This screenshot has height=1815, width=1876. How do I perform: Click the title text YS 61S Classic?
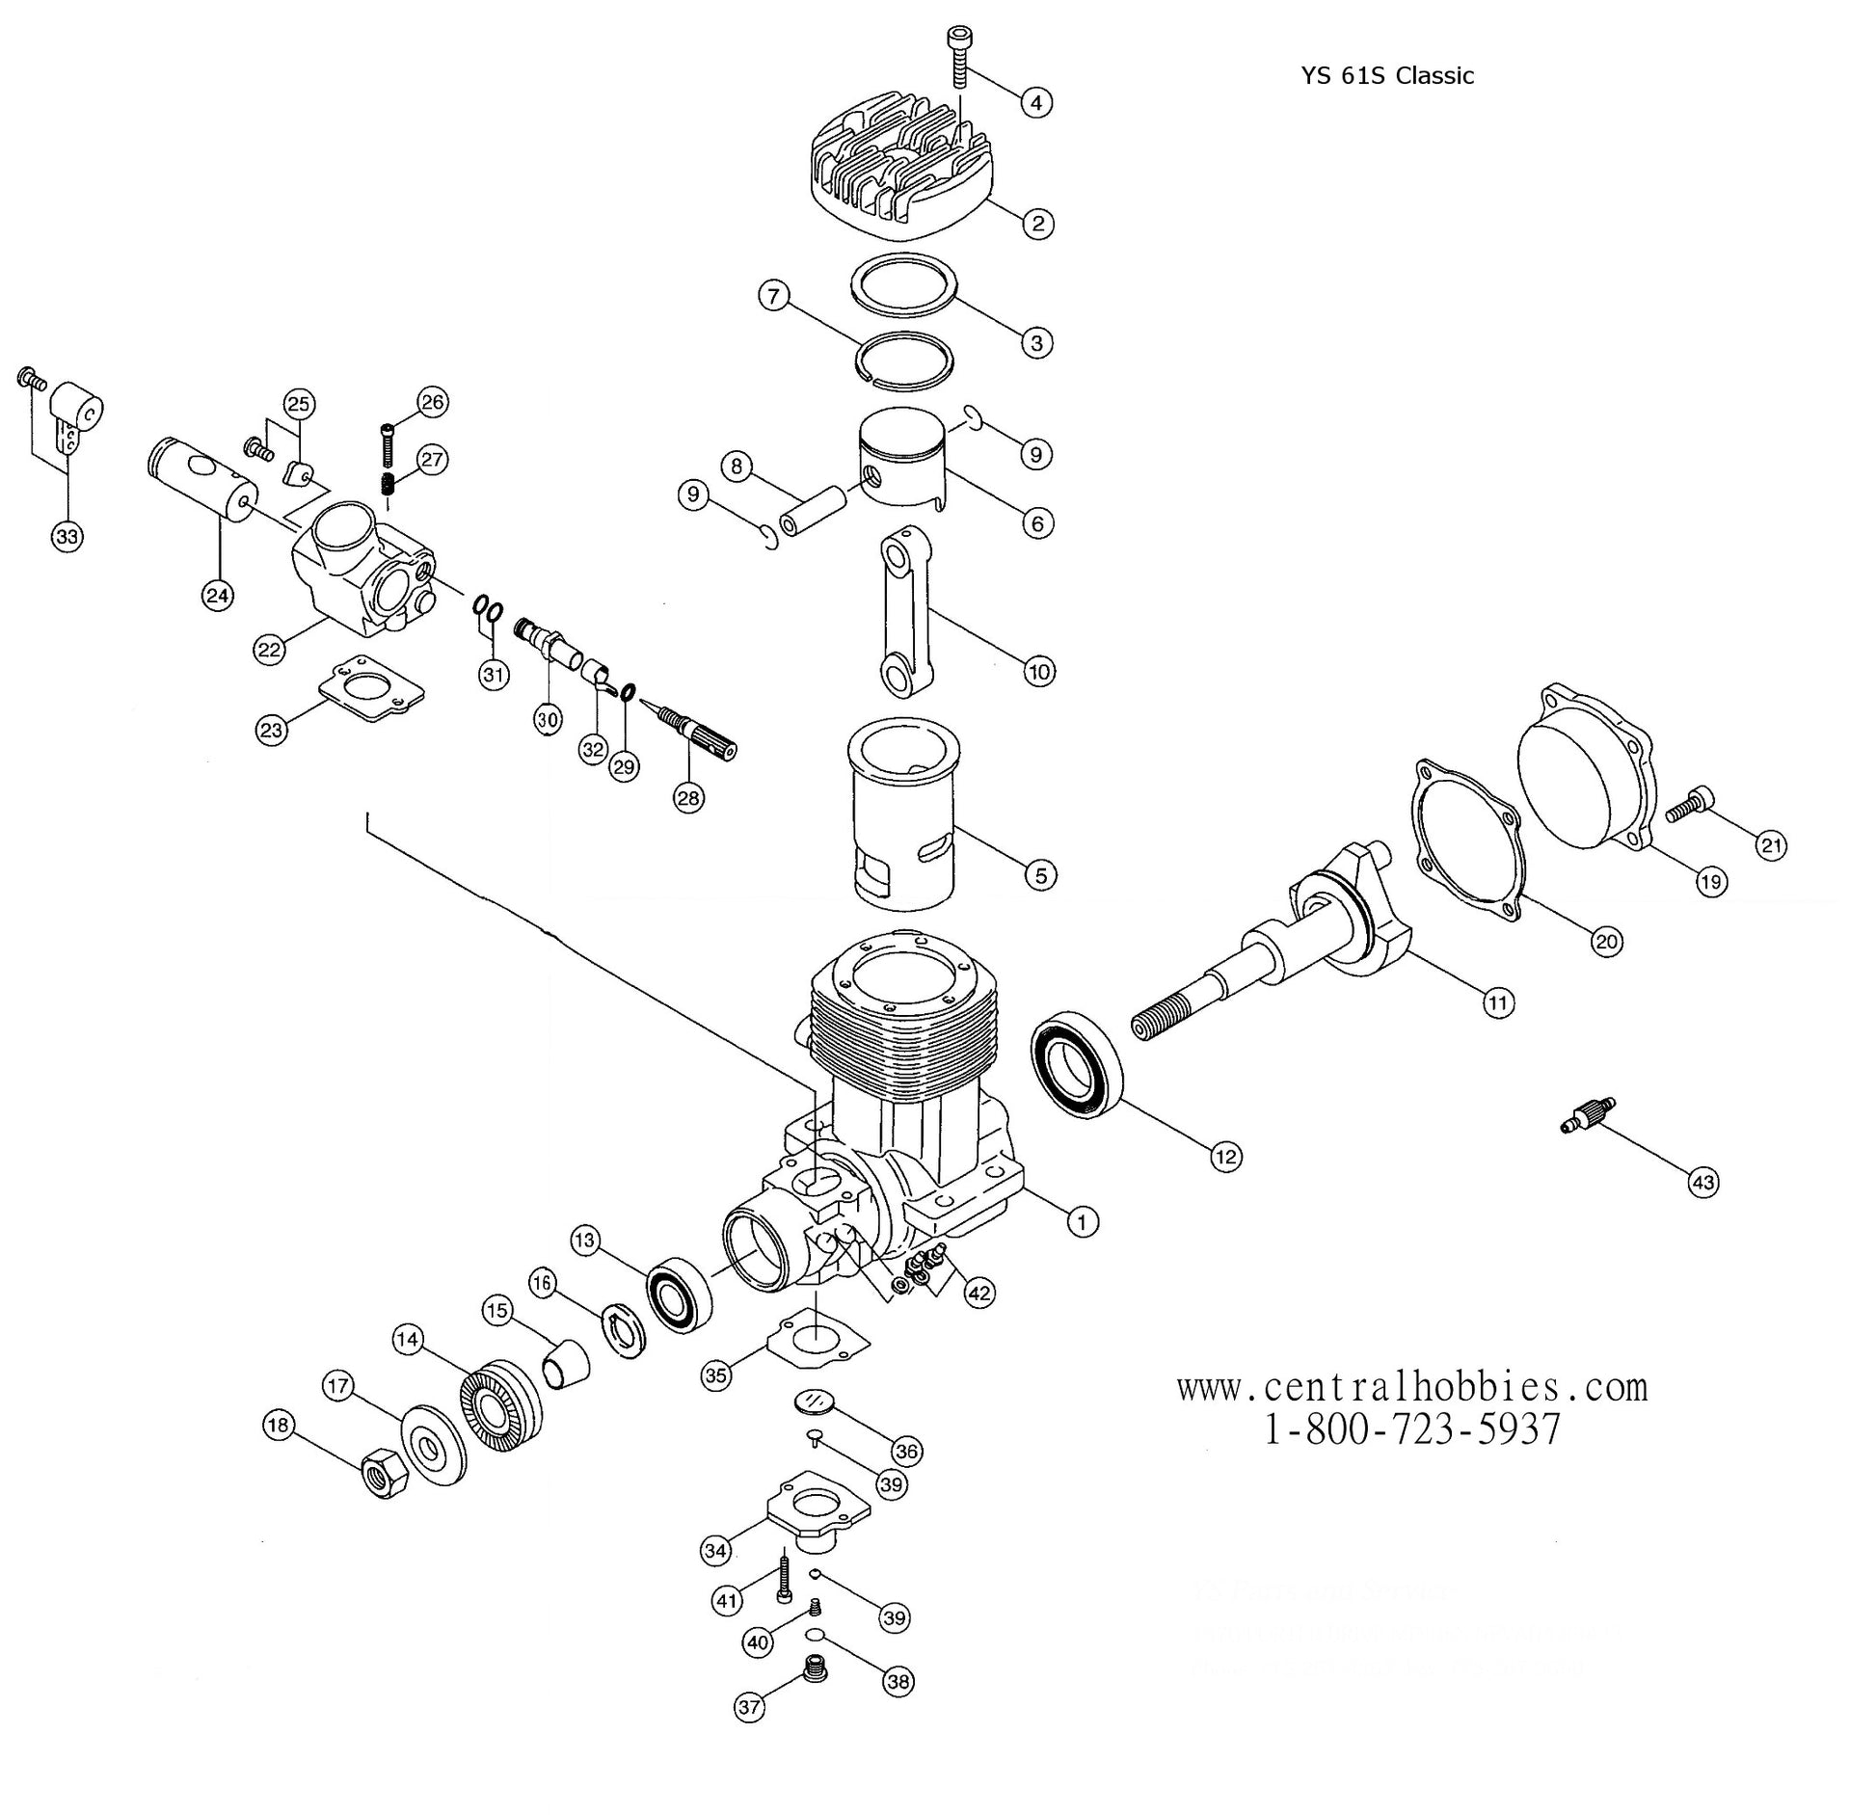click(x=1387, y=75)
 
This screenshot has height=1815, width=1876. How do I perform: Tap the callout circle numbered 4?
click(x=1035, y=102)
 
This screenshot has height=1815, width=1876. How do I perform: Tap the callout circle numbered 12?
click(x=1225, y=1156)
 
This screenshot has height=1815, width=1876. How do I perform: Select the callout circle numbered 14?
click(x=408, y=1339)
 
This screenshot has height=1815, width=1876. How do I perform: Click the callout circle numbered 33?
click(x=67, y=536)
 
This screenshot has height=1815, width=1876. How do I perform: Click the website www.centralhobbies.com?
click(x=1411, y=1387)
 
